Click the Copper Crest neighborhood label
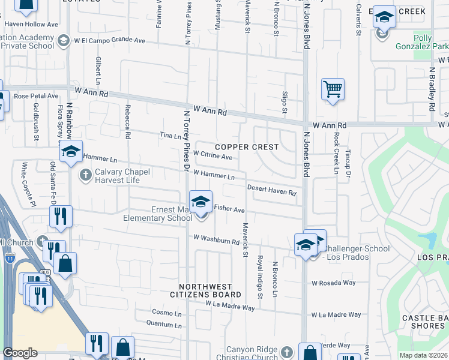click(x=247, y=147)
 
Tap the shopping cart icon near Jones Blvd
click(x=333, y=91)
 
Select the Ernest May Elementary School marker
click(x=201, y=202)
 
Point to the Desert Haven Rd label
click(x=272, y=190)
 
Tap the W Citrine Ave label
click(x=212, y=156)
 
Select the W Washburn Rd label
click(x=217, y=239)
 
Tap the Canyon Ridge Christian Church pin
click(x=288, y=351)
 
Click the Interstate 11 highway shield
click(x=10, y=259)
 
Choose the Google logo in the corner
click(x=20, y=353)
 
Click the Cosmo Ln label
click(x=166, y=313)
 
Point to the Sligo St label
click(x=285, y=102)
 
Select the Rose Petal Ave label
click(x=36, y=95)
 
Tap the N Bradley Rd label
click(x=432, y=88)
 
